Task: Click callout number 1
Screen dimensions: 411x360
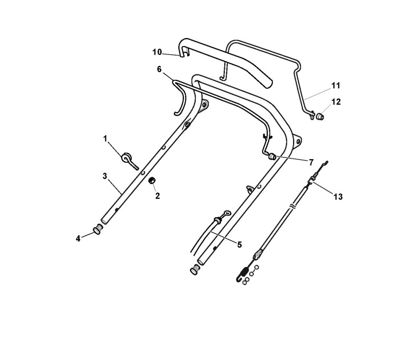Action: coord(105,139)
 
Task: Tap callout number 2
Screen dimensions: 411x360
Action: coord(158,196)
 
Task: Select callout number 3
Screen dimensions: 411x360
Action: coord(105,176)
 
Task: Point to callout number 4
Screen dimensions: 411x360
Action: coord(78,238)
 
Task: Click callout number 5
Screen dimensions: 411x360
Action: coord(239,245)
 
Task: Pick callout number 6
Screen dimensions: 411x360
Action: coord(159,69)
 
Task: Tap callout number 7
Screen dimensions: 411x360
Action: coord(311,162)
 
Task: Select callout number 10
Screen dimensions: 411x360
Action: coord(157,52)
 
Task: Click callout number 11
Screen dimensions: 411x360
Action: coord(336,86)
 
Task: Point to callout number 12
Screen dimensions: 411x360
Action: coord(336,101)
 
